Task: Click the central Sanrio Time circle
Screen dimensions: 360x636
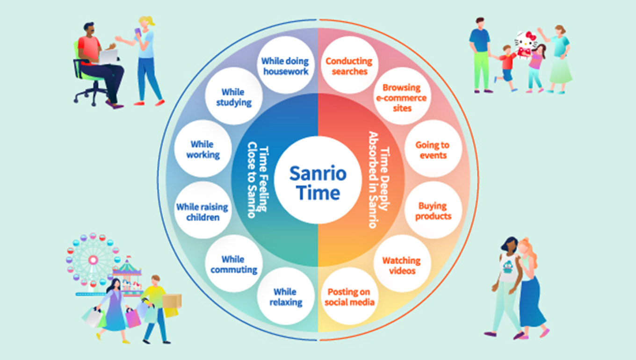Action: click(318, 180)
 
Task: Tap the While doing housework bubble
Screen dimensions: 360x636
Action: click(285, 66)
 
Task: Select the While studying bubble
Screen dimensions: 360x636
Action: click(233, 96)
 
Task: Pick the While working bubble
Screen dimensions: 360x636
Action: click(202, 149)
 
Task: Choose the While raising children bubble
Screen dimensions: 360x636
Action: click(202, 211)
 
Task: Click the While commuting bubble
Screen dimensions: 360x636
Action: click(233, 264)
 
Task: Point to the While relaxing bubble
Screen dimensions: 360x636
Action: click(285, 296)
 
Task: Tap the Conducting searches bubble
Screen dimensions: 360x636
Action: click(349, 66)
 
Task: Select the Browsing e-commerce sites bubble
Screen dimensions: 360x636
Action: click(402, 97)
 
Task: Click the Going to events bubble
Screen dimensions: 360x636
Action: click(433, 149)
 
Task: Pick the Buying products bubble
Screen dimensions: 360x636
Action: click(433, 211)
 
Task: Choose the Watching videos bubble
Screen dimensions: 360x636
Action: click(402, 265)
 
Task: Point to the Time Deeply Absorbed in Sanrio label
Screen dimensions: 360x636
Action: click(379, 180)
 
